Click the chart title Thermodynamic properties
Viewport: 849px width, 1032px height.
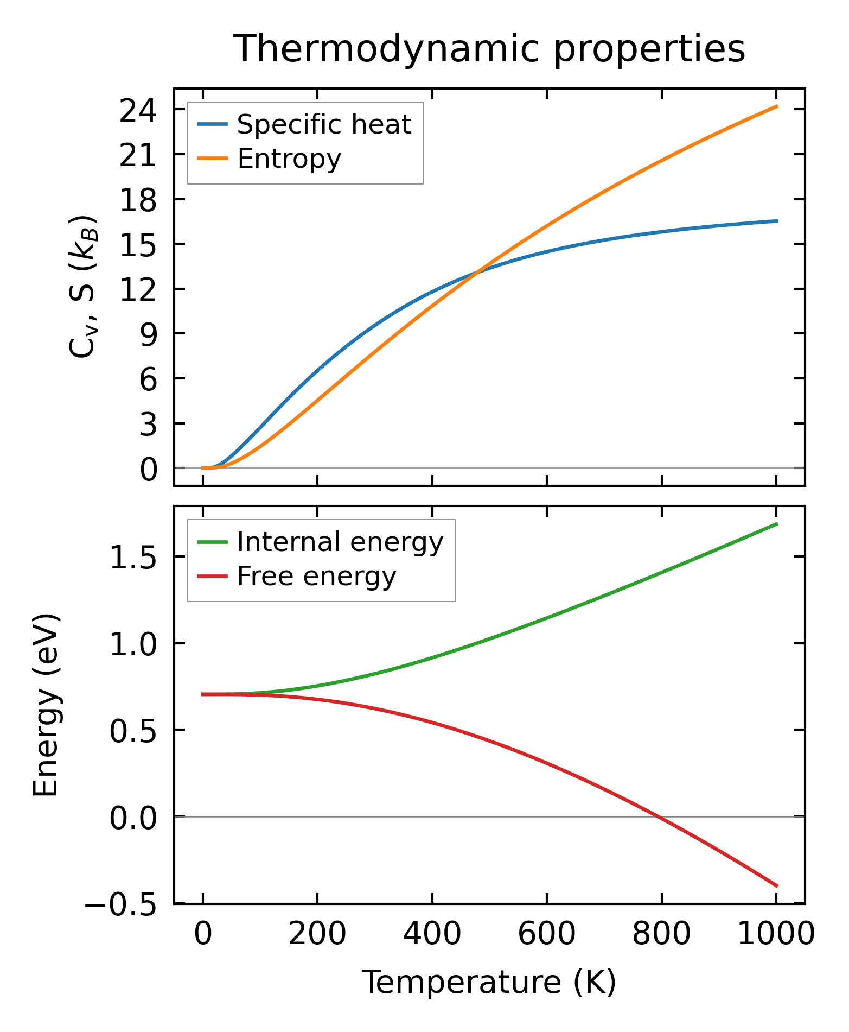click(489, 49)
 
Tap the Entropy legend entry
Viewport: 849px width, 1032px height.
click(289, 159)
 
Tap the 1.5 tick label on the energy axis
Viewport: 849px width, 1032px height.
click(133, 559)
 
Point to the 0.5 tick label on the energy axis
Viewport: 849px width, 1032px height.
click(133, 732)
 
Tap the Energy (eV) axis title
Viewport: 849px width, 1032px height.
click(46, 705)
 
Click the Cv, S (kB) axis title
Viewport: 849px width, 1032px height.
click(82, 287)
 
